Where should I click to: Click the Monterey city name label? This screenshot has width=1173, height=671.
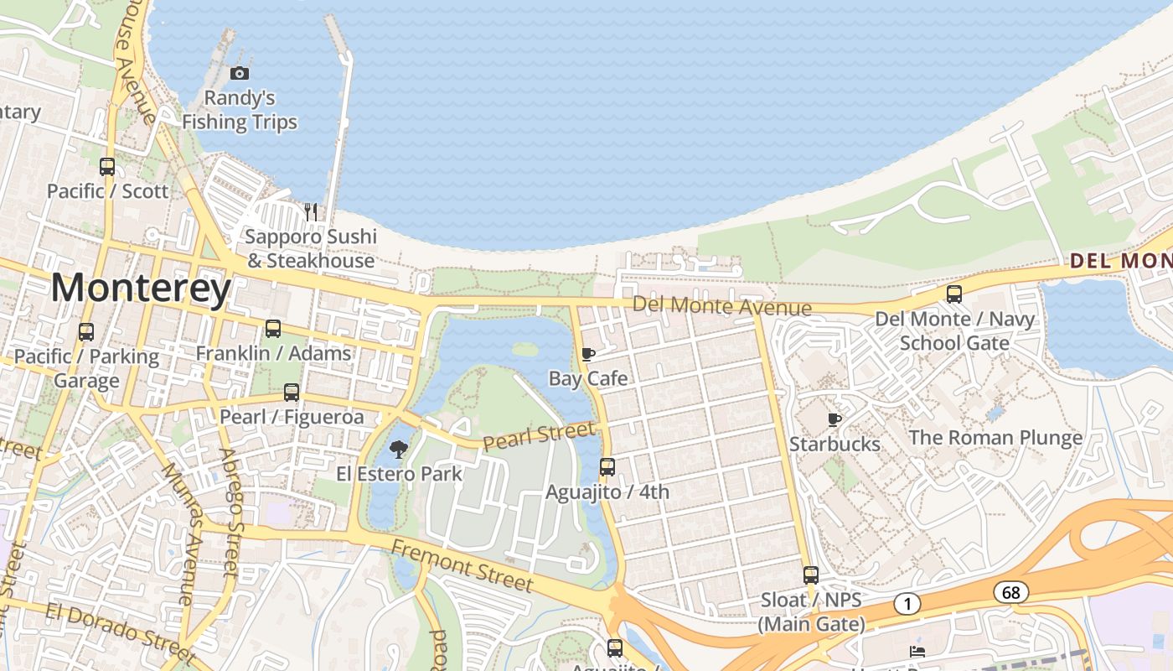141,289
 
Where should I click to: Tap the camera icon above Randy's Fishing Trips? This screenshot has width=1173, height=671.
240,74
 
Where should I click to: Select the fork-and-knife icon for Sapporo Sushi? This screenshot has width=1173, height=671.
311,211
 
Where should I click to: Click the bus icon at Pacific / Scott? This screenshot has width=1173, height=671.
107,166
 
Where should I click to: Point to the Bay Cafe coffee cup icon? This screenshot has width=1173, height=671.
588,354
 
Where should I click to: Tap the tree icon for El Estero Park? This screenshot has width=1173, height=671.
399,449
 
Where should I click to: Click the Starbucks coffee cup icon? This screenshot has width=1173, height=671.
834,419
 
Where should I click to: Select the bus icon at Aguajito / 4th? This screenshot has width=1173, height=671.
607,467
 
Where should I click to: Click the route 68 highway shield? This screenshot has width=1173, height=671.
1011,592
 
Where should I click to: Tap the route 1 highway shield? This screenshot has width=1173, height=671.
907,603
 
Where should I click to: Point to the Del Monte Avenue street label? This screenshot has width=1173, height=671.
722,306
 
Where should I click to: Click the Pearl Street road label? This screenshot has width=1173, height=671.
540,436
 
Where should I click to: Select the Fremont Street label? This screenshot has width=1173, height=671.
462,565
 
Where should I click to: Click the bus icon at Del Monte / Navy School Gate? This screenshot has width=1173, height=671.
954,294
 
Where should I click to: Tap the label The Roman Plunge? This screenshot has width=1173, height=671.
995,437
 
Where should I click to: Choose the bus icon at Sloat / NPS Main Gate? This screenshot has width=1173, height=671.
810,575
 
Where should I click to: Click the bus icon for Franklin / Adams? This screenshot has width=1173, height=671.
273,329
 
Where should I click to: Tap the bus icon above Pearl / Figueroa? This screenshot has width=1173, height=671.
292,392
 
